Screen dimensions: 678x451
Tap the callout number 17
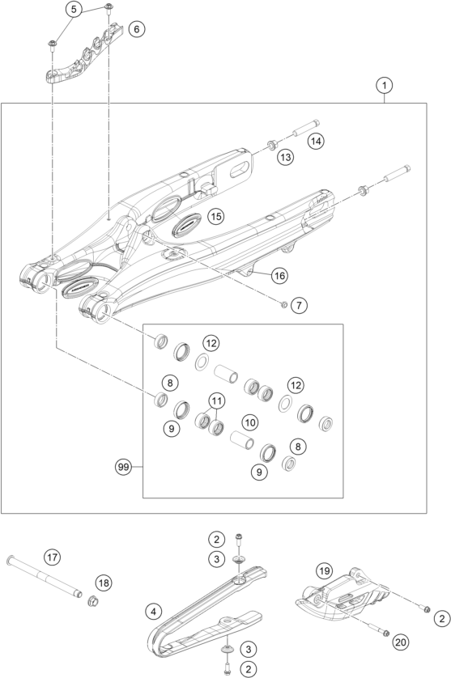click(52, 557)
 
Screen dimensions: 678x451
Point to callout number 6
click(136, 29)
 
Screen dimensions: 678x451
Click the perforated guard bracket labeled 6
click(81, 58)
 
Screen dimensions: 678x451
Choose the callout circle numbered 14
click(315, 141)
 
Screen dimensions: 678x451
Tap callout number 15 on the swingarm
click(215, 216)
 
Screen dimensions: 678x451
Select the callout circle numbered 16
click(279, 276)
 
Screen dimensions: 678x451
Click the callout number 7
click(299, 305)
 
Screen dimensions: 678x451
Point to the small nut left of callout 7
click(283, 304)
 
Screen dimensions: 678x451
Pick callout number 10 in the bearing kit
click(250, 422)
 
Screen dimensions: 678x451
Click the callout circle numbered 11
click(215, 400)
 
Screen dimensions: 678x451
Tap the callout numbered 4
click(154, 612)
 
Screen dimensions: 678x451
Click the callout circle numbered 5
click(73, 10)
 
